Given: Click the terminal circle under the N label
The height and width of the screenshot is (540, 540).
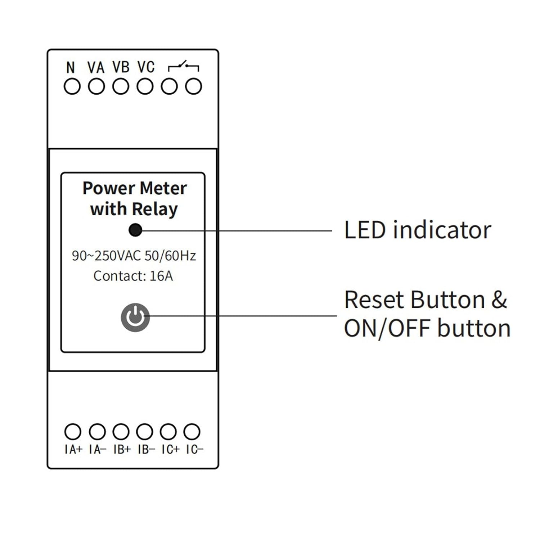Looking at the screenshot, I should point(72,87).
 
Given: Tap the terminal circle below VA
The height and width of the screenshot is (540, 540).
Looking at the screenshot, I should point(96,87).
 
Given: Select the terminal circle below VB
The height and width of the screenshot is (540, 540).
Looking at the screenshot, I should point(121,87).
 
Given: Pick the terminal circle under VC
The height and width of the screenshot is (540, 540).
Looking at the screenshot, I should point(145,87).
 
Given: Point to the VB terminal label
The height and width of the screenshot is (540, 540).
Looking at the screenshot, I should point(121,67).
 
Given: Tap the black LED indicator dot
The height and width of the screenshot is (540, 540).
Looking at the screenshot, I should point(135,230).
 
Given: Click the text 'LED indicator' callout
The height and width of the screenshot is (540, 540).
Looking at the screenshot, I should point(418,230).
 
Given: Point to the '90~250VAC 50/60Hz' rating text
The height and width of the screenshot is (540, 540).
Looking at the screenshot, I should point(134,256).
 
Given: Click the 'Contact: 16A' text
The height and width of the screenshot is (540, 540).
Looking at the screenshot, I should point(133,276).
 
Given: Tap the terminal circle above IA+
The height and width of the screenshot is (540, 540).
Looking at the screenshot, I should point(73,432).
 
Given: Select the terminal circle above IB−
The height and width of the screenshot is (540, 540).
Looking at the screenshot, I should point(145,432).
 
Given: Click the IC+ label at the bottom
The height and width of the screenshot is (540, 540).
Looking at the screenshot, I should point(170,450).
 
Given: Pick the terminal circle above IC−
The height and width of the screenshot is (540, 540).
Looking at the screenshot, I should point(192,432).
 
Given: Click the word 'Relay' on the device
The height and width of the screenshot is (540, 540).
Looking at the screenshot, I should point(155,209).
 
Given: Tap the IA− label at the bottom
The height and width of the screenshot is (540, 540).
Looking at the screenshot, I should point(98,450).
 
